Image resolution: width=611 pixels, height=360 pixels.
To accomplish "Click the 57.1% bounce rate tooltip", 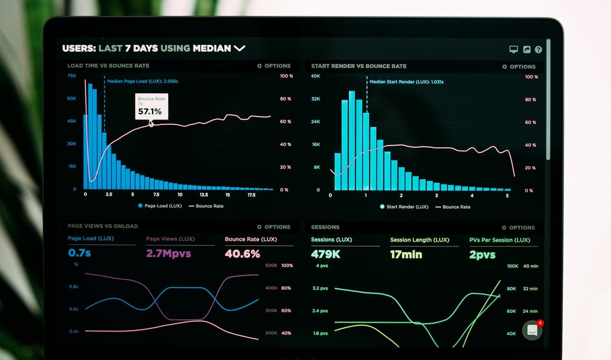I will click(x=150, y=106).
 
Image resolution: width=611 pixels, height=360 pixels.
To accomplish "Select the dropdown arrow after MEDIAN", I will click(x=239, y=48).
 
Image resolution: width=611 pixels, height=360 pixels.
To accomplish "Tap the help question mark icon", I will click(x=538, y=49).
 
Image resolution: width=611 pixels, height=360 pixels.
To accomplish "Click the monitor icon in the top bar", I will click(x=513, y=49).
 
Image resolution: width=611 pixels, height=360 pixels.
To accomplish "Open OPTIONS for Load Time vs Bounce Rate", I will click(x=274, y=66).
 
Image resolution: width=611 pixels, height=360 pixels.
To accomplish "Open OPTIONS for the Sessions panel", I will click(x=518, y=228).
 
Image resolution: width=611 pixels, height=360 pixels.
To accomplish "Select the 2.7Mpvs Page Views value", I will click(x=169, y=253).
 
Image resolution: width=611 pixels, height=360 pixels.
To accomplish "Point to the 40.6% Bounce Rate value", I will click(x=242, y=254).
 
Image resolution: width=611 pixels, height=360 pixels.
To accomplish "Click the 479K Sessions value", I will click(x=325, y=254).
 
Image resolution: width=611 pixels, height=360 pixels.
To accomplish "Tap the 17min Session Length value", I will click(x=406, y=254).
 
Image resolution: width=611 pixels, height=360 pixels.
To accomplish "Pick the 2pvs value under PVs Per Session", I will click(x=482, y=255).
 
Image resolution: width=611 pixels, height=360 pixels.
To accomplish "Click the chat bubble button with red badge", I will click(x=532, y=330).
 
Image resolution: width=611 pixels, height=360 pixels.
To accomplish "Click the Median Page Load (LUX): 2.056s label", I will click(x=142, y=81).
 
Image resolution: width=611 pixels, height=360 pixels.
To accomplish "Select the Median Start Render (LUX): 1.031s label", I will click(x=406, y=81).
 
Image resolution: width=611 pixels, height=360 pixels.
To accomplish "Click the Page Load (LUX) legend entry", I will click(x=160, y=206).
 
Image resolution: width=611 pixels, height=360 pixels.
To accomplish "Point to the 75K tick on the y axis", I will click(x=71, y=76).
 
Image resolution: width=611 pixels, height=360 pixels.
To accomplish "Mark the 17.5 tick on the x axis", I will click(x=251, y=195).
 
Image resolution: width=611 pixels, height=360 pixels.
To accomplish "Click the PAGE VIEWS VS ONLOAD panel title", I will click(x=103, y=226).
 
